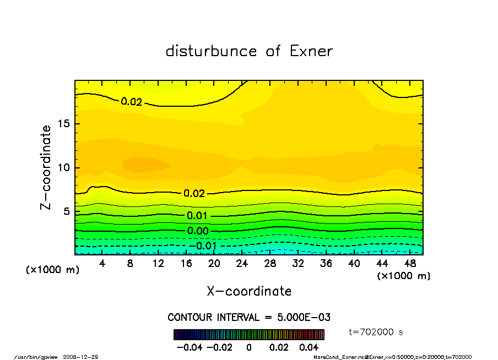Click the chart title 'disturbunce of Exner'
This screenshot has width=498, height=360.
pos(249,51)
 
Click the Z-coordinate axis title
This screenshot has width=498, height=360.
pos(46,167)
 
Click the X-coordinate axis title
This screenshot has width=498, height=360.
pos(249,291)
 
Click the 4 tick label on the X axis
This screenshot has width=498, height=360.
pos(102,264)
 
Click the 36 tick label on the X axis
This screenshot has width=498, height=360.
pos(326,264)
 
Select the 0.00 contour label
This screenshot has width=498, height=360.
pos(198,231)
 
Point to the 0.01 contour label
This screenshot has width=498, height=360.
pos(197,216)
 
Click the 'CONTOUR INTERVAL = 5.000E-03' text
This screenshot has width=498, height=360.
pos(249,318)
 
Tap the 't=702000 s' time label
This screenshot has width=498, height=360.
pos(376,332)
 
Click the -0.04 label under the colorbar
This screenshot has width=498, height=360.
pos(187,348)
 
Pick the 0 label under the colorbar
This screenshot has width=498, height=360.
pos(249,348)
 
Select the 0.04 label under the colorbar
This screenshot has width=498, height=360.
pos(309,348)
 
